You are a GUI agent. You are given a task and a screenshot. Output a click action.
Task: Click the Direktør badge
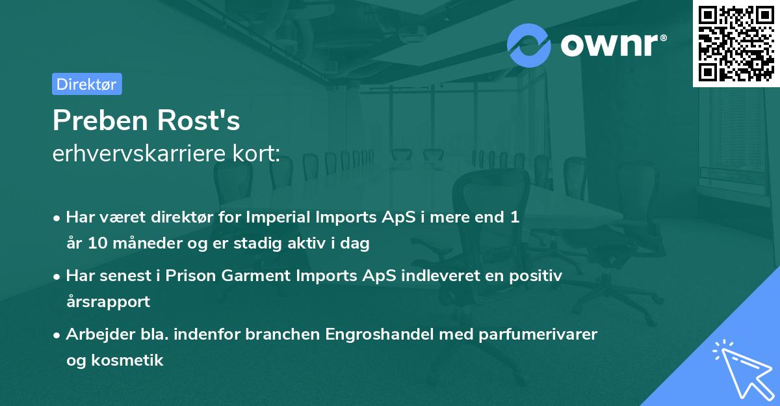coord(86,84)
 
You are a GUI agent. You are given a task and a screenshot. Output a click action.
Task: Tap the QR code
coord(735,43)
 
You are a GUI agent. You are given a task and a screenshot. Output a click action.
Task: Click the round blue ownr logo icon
coord(529,45)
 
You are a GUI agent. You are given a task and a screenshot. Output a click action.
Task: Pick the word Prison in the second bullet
coord(190,276)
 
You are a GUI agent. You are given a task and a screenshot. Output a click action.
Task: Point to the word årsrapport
coord(108,302)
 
